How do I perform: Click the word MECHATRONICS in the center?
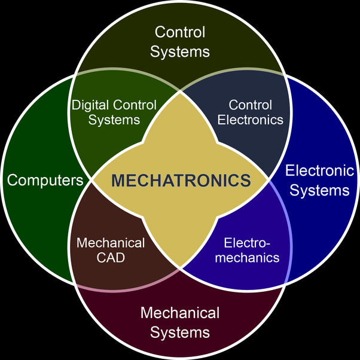click(x=180, y=180)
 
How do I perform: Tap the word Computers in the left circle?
click(x=44, y=180)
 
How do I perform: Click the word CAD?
click(x=111, y=258)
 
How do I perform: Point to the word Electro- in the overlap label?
click(x=247, y=243)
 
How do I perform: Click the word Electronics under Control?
click(x=250, y=120)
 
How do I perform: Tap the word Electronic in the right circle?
click(x=319, y=171)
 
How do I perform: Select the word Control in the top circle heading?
click(x=179, y=32)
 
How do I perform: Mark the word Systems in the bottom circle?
click(x=179, y=332)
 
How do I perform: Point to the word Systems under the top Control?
click(x=179, y=51)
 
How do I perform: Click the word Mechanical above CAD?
click(x=111, y=243)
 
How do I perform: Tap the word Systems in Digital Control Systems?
click(x=114, y=120)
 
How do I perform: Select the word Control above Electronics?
click(x=250, y=105)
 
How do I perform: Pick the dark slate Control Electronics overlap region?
click(x=251, y=138)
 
